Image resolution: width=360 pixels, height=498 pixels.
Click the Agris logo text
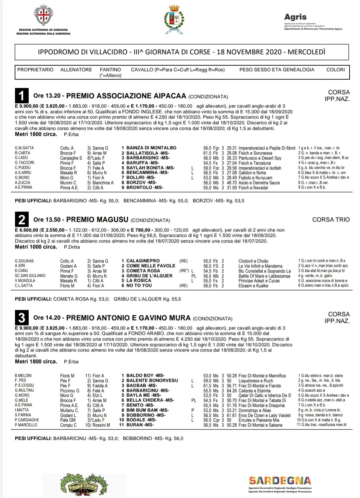coord(295,17)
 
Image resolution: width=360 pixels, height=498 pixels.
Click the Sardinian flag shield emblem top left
coord(44,15)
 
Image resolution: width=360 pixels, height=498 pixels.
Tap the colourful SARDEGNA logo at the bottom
coord(280,481)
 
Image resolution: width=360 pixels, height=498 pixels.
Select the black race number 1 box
coord(22,96)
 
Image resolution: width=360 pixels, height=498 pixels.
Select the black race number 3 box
coord(22,317)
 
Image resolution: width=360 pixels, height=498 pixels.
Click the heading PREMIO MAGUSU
coord(97,220)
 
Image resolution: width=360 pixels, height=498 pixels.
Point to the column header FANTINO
coord(110,70)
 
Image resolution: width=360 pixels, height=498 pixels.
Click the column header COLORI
coord(335,70)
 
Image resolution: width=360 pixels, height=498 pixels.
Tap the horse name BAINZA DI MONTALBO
coord(151,148)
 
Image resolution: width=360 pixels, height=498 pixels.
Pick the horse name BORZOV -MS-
coord(141,183)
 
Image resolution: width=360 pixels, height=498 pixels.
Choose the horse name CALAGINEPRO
coord(143,261)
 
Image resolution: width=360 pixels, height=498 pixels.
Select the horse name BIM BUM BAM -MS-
coord(147,410)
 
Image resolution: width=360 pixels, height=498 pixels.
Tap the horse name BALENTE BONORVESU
coord(152,380)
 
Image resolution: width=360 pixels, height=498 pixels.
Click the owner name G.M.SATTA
coord(24,148)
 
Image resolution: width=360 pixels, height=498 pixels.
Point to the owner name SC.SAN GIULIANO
coord(30,276)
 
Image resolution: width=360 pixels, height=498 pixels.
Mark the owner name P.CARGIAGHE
coord(27,420)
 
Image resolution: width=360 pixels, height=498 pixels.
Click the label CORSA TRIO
coord(331,220)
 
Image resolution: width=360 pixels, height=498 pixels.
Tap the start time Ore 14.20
coord(47,318)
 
